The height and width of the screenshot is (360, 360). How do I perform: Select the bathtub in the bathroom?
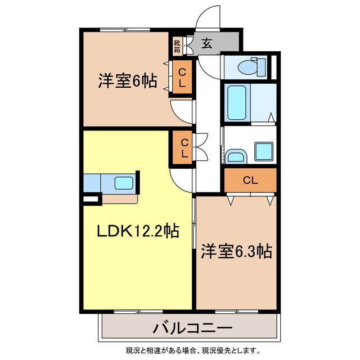[237, 102]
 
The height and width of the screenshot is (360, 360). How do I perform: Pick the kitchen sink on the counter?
[124, 183]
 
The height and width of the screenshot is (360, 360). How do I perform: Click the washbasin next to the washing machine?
[235, 156]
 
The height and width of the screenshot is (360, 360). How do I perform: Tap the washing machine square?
[264, 151]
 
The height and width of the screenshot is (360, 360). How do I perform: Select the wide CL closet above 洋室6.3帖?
[250, 180]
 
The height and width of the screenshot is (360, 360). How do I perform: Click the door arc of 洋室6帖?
[181, 111]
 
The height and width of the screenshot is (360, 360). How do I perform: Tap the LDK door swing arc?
[181, 179]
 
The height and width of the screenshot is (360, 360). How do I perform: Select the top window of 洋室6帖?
[125, 29]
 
